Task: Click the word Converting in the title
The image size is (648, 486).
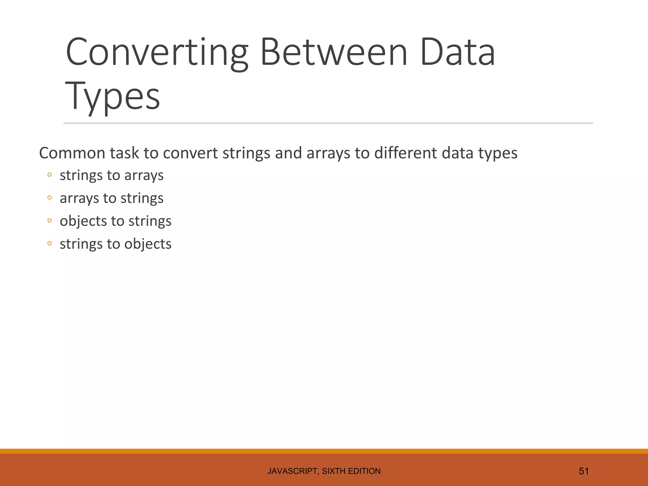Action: (157, 52)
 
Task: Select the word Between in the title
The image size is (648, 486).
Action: (334, 52)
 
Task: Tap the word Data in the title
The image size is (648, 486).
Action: (458, 52)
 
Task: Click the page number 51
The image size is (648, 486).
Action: (583, 471)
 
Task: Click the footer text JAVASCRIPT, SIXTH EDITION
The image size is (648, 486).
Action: (324, 471)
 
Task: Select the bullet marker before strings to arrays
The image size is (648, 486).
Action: (49, 175)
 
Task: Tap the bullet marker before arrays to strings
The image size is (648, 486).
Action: (49, 198)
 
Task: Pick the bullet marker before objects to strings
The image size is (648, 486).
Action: (49, 221)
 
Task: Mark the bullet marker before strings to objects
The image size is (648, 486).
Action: (49, 244)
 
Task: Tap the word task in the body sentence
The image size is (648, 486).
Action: (124, 153)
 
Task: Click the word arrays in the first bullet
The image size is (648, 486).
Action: (144, 176)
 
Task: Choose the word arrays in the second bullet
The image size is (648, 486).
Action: (79, 199)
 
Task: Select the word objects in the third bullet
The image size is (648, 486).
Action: (83, 221)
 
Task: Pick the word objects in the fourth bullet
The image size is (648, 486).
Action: (148, 244)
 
